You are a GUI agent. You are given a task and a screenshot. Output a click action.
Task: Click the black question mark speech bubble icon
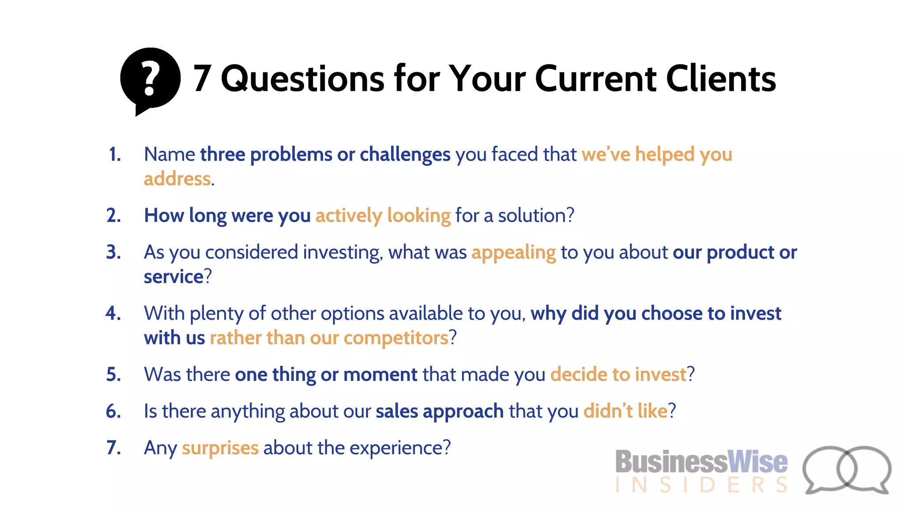[x=150, y=79]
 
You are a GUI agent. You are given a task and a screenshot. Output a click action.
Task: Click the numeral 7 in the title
[x=202, y=78]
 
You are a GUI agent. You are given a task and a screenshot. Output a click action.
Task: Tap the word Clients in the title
[x=721, y=78]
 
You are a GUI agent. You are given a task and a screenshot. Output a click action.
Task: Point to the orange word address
[x=177, y=179]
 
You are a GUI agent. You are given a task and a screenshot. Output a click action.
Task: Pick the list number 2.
[x=114, y=216]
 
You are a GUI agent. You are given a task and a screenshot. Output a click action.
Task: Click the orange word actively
[x=349, y=216]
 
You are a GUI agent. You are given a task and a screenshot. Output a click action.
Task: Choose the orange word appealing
[x=513, y=253]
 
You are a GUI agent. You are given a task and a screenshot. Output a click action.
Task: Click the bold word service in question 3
[x=173, y=277]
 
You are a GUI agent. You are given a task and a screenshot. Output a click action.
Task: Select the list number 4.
[x=113, y=314]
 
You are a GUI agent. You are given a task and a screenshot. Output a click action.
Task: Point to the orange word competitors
[x=396, y=338]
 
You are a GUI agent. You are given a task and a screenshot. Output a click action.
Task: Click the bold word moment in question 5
[x=380, y=375]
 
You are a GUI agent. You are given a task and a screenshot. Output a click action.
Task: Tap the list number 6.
[x=114, y=411]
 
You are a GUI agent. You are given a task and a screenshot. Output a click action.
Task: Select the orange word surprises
[x=220, y=448]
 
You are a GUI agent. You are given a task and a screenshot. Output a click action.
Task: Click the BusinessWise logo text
[x=701, y=462]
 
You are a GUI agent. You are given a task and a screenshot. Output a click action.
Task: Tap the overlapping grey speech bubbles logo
[x=847, y=470]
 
